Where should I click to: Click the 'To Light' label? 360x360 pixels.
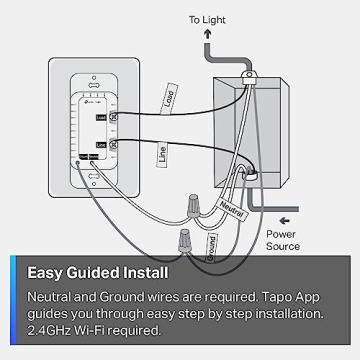click(x=208, y=17)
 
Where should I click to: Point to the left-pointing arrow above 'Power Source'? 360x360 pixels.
click(x=286, y=219)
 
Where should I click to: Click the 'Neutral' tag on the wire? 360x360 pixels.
click(x=230, y=208)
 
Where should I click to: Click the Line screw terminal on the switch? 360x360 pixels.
click(x=114, y=147)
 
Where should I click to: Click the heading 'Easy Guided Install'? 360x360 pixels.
click(x=97, y=271)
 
